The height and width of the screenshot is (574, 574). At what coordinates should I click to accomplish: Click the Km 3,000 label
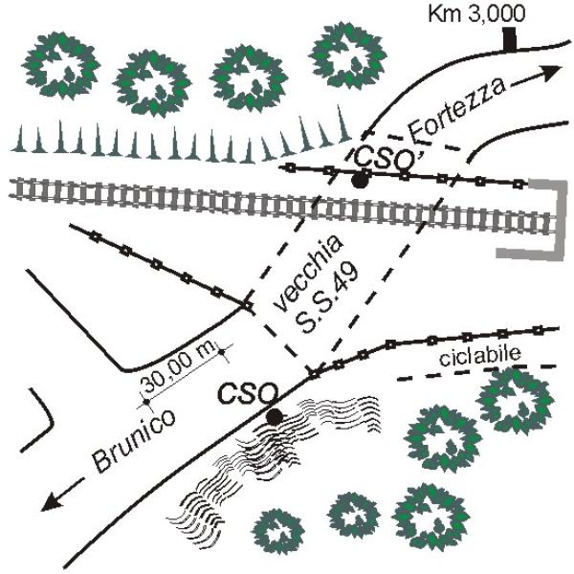(476, 14)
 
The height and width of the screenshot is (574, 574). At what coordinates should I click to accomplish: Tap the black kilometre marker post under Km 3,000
(510, 38)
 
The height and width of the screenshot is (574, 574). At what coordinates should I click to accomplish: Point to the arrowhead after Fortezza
(550, 73)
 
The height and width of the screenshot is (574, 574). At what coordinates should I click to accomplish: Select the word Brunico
(134, 441)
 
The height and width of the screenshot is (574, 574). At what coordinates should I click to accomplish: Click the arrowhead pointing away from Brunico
(52, 500)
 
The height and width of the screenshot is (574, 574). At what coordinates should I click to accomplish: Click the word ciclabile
(480, 355)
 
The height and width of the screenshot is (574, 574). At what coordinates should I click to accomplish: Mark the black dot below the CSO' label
(360, 180)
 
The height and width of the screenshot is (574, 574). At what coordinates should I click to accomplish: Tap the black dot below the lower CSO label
(275, 417)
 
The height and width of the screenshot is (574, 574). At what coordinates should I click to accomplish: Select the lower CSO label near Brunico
(247, 394)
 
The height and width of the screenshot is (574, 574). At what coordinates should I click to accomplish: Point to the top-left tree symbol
(61, 65)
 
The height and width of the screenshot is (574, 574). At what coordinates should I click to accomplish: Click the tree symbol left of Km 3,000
(348, 55)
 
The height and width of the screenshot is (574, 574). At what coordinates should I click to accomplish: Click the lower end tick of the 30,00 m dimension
(146, 402)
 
